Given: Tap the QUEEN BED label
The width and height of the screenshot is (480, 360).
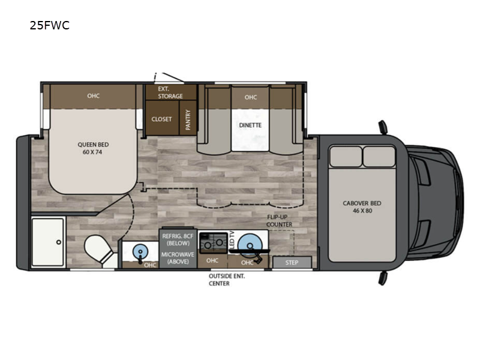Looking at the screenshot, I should [x=92, y=148].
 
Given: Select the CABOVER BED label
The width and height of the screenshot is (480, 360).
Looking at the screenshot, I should [x=362, y=207].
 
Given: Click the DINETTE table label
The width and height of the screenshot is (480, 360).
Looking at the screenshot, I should [x=250, y=125].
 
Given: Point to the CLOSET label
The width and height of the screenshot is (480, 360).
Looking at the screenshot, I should [x=161, y=119].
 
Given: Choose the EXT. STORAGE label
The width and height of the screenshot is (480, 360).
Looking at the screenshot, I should [x=170, y=92].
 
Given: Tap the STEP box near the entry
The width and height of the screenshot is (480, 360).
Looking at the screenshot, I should [x=292, y=262].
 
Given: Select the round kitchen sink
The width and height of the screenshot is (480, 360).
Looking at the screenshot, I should [x=249, y=244].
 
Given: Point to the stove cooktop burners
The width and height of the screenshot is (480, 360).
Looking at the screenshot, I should [x=212, y=243].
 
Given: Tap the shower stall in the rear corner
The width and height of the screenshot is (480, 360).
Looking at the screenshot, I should [x=48, y=242].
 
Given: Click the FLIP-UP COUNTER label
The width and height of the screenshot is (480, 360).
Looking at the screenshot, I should [x=280, y=220].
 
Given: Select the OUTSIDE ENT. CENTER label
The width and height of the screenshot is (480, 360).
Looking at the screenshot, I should [x=226, y=280].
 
